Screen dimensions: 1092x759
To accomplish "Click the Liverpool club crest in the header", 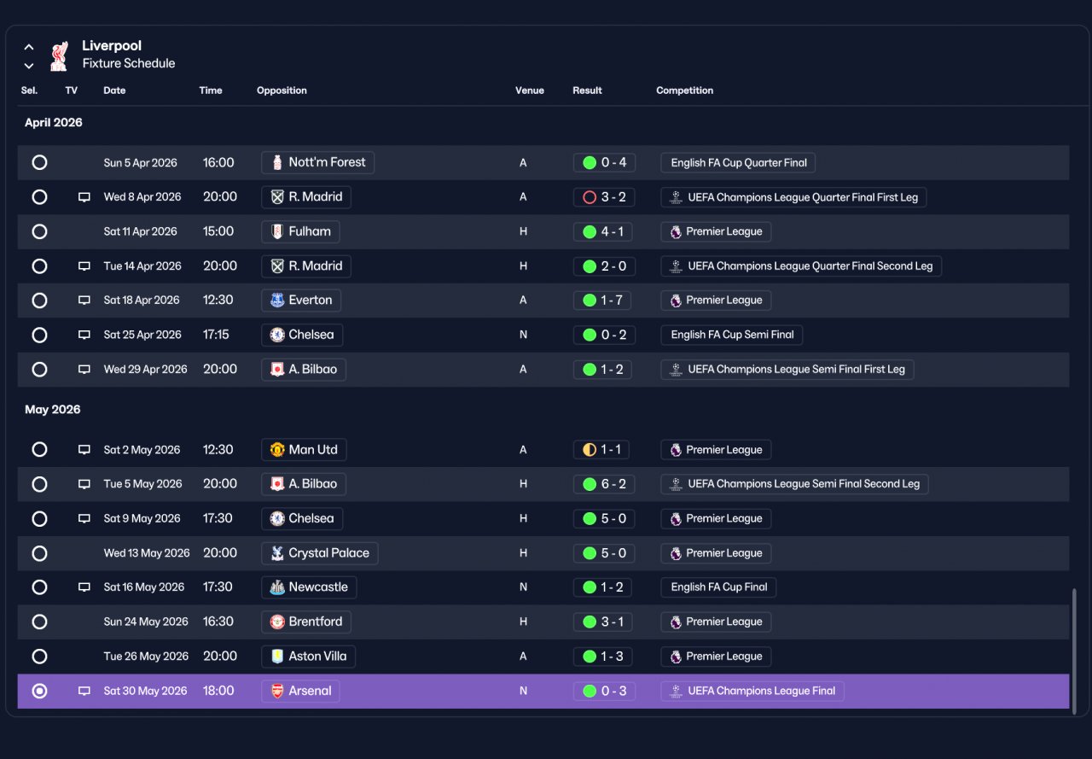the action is click(59, 55).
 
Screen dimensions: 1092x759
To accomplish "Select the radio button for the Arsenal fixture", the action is click(39, 691).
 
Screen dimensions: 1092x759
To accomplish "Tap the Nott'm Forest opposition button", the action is click(318, 162).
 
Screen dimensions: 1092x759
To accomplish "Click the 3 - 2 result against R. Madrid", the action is click(604, 197).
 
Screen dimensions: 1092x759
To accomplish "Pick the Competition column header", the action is click(684, 90).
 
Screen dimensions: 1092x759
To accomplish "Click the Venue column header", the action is click(530, 90).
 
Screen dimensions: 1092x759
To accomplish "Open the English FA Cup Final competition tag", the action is click(718, 587).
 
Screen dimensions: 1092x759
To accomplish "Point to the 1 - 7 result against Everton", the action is click(602, 300).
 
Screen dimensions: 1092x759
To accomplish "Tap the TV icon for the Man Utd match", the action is click(84, 449).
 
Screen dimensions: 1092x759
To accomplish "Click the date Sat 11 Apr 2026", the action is click(141, 231).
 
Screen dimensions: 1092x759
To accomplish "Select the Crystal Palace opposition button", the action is click(320, 553).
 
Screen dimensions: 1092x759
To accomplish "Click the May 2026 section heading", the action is click(53, 409).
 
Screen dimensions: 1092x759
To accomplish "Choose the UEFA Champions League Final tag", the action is click(752, 691).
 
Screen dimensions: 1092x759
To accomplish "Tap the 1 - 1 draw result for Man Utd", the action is click(601, 449).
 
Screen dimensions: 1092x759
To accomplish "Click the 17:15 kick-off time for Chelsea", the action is click(216, 335).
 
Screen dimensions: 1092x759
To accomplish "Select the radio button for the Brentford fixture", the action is click(39, 622).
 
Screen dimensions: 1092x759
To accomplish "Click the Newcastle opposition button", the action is click(309, 587).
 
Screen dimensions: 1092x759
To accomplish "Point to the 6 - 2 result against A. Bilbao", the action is click(604, 484).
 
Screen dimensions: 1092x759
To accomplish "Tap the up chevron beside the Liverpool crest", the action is click(29, 47).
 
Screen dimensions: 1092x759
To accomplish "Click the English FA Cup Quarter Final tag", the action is click(738, 162).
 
